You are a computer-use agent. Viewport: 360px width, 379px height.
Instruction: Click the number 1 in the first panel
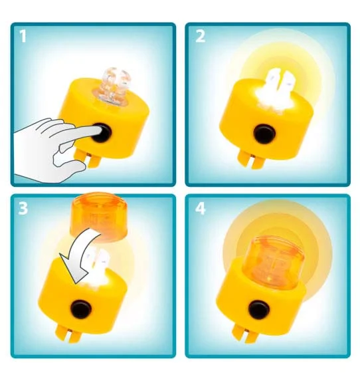point(23,36)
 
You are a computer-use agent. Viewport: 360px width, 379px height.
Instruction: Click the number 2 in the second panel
point(200,36)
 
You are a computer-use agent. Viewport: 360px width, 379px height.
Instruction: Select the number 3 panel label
point(23,208)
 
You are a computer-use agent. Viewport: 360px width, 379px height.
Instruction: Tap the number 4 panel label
point(201,208)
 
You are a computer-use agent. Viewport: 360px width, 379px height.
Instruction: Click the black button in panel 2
point(264,133)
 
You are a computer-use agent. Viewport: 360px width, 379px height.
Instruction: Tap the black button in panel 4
point(259,310)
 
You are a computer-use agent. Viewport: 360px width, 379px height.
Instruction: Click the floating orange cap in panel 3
point(98,216)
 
